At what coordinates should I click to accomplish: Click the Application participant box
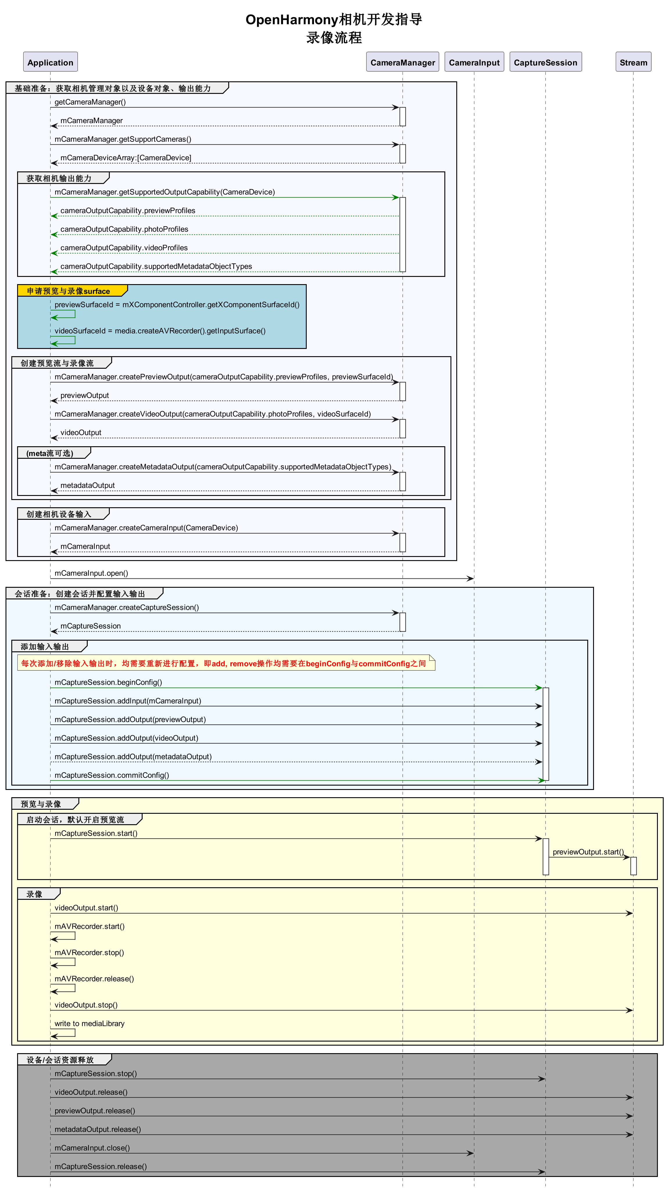(50, 62)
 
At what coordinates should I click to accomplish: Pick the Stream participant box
(633, 62)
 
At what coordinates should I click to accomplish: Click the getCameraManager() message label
(90, 102)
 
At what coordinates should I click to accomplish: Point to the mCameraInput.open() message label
(91, 573)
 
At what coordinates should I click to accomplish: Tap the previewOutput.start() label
(588, 852)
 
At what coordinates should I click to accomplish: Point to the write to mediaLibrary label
(89, 1023)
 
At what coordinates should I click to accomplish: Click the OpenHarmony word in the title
(292, 19)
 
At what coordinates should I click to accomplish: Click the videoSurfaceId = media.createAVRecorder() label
(160, 331)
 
